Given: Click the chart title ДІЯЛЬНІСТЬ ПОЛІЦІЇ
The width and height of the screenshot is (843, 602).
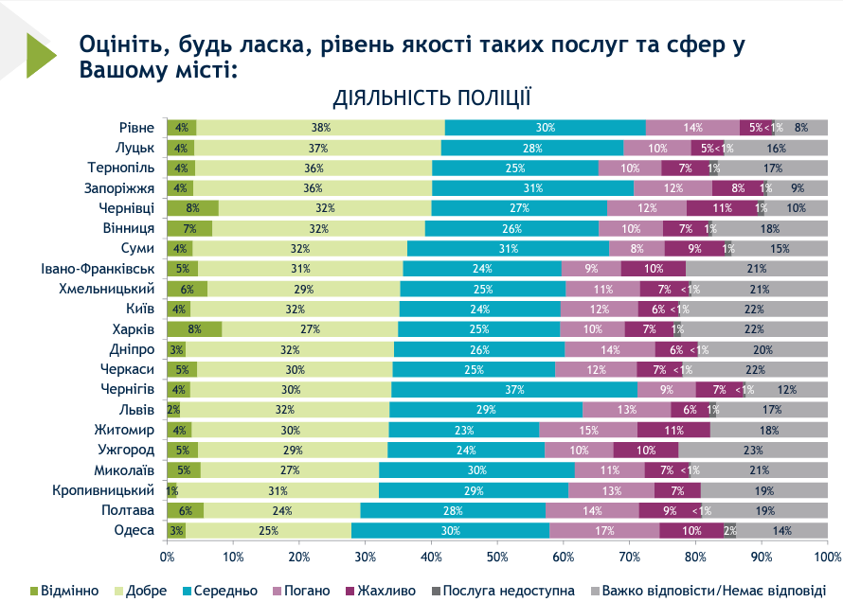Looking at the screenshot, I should tap(431, 97).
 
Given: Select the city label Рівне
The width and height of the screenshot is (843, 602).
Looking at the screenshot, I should tap(136, 128).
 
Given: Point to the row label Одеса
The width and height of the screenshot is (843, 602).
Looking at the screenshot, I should tap(134, 530).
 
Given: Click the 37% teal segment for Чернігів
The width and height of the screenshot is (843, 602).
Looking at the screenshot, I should tap(514, 389).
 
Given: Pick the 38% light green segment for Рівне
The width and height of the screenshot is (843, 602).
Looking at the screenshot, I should tap(320, 128).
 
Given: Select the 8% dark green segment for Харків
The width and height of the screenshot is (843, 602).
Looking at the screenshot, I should tap(194, 329).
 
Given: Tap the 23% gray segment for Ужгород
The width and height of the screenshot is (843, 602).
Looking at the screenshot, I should tap(753, 450).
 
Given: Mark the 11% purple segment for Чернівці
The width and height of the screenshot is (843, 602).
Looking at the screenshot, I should tap(722, 208).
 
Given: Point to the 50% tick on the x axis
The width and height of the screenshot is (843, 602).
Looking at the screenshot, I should tap(498, 557).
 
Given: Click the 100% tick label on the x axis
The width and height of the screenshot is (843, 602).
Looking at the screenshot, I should tap(827, 557).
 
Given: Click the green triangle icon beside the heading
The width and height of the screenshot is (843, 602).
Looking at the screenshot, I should tap(41, 55).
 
